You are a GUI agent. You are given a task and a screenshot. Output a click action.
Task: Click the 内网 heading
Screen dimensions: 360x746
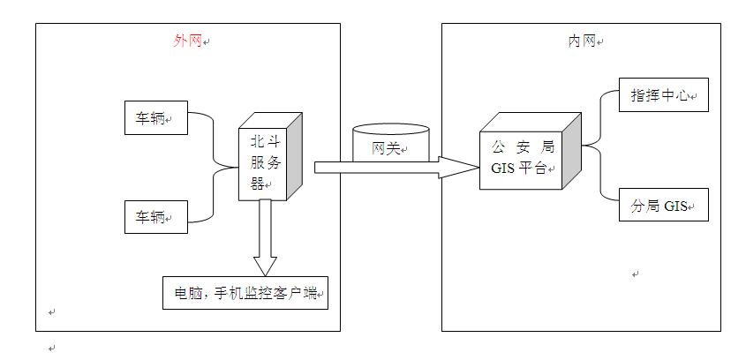[x=580, y=41]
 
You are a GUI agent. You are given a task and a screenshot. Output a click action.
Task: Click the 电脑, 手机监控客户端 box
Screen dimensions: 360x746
[x=245, y=293]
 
